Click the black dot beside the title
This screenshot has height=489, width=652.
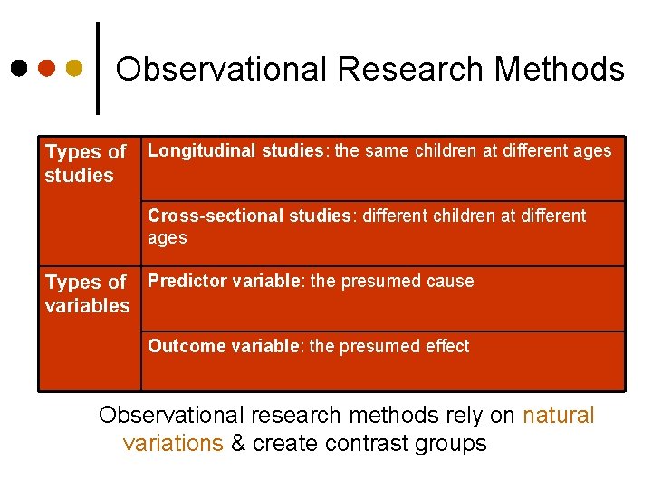(19, 68)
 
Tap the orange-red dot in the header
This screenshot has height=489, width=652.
(47, 68)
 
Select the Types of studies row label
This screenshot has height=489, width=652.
(85, 164)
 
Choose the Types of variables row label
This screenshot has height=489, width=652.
(87, 294)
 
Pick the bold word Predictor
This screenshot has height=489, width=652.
(187, 281)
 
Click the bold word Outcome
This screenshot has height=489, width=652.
(184, 346)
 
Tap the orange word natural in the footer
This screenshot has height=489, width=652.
(559, 416)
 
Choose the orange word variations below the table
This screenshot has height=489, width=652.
(172, 443)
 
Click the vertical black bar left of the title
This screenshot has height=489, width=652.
(98, 68)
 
